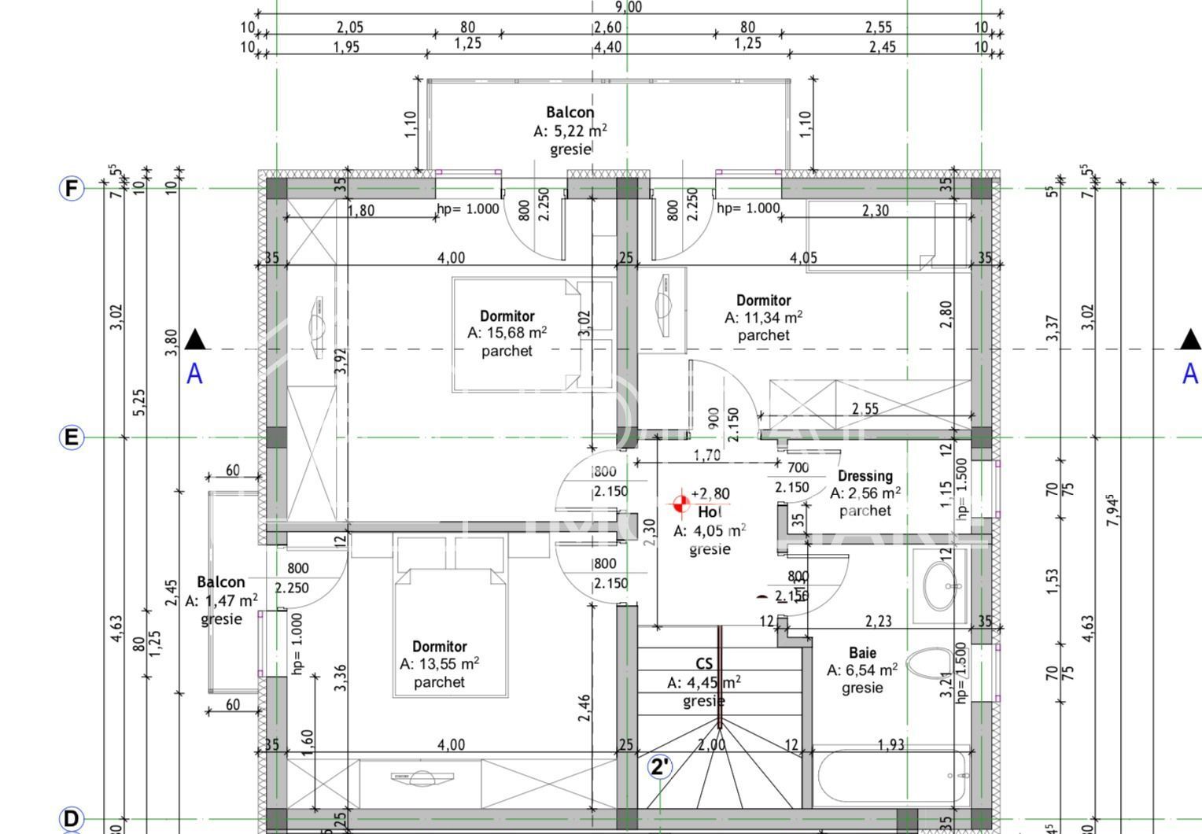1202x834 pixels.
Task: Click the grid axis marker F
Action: coord(72,189)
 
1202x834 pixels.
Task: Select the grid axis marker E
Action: coord(72,437)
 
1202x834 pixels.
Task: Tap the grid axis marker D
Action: coord(72,818)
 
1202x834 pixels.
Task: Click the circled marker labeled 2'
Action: coord(660,767)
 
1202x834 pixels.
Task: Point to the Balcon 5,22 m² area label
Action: coord(570,131)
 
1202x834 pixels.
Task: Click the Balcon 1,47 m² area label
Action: coord(221,600)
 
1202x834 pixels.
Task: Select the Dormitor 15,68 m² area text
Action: coord(507,333)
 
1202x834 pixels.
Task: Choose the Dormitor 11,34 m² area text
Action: coord(763,317)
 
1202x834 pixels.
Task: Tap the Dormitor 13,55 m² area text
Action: coord(439,664)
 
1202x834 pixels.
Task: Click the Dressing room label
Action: coord(865,476)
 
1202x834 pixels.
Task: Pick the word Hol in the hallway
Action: coord(710,512)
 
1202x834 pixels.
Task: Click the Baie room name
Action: coord(862,652)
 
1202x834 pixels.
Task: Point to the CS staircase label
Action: coord(703,664)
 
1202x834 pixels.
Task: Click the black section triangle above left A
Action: coord(195,340)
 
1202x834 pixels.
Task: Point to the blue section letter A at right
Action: coord(1190,373)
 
